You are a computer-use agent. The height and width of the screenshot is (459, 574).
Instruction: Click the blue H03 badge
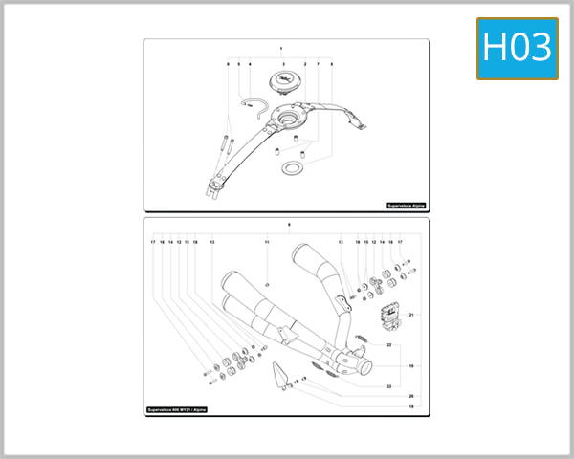517,48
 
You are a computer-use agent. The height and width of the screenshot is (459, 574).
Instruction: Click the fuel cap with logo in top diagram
284,81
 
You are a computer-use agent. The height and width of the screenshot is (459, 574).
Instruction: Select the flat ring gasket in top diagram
292,168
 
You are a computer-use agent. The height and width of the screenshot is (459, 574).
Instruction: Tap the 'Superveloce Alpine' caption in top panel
406,205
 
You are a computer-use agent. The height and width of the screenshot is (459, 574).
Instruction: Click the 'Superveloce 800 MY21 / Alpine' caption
176,409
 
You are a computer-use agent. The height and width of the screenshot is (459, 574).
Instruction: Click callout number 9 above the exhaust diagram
288,225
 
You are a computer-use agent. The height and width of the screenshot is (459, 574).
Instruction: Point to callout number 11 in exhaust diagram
268,242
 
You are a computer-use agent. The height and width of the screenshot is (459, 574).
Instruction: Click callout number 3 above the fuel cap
283,63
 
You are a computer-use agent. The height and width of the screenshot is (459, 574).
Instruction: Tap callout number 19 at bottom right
411,407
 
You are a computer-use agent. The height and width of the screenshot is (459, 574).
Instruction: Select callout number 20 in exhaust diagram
411,396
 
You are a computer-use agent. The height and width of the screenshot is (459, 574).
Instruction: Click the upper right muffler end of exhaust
312,256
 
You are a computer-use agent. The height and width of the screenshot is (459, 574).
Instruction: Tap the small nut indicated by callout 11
267,284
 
